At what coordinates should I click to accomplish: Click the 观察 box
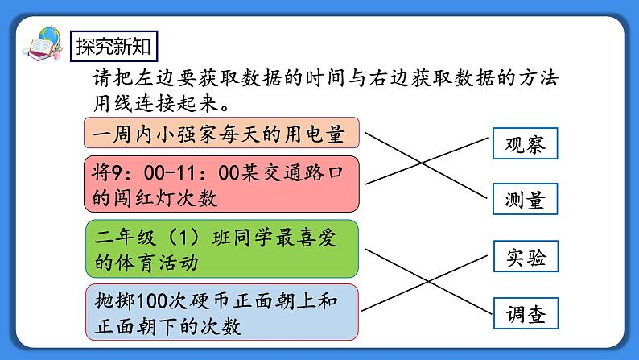[x=525, y=144]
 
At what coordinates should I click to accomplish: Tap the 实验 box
[x=525, y=258]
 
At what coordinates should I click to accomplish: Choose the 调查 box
[x=525, y=314]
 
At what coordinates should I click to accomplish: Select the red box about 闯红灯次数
[x=221, y=184]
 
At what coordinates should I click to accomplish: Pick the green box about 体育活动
[x=221, y=249]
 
